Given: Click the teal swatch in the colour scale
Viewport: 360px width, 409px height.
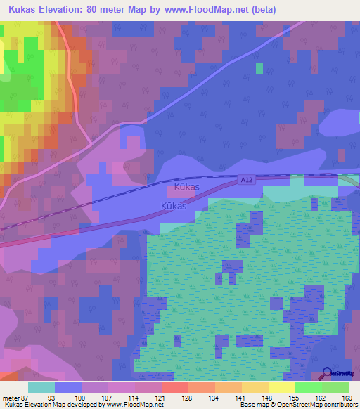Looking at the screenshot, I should pos(41,387).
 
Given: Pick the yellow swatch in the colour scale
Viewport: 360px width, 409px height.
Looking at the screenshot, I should pos(281,387).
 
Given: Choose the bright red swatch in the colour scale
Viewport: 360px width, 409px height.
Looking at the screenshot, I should pos(174,387).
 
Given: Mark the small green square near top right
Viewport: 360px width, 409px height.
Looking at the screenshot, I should pos(259,68).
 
